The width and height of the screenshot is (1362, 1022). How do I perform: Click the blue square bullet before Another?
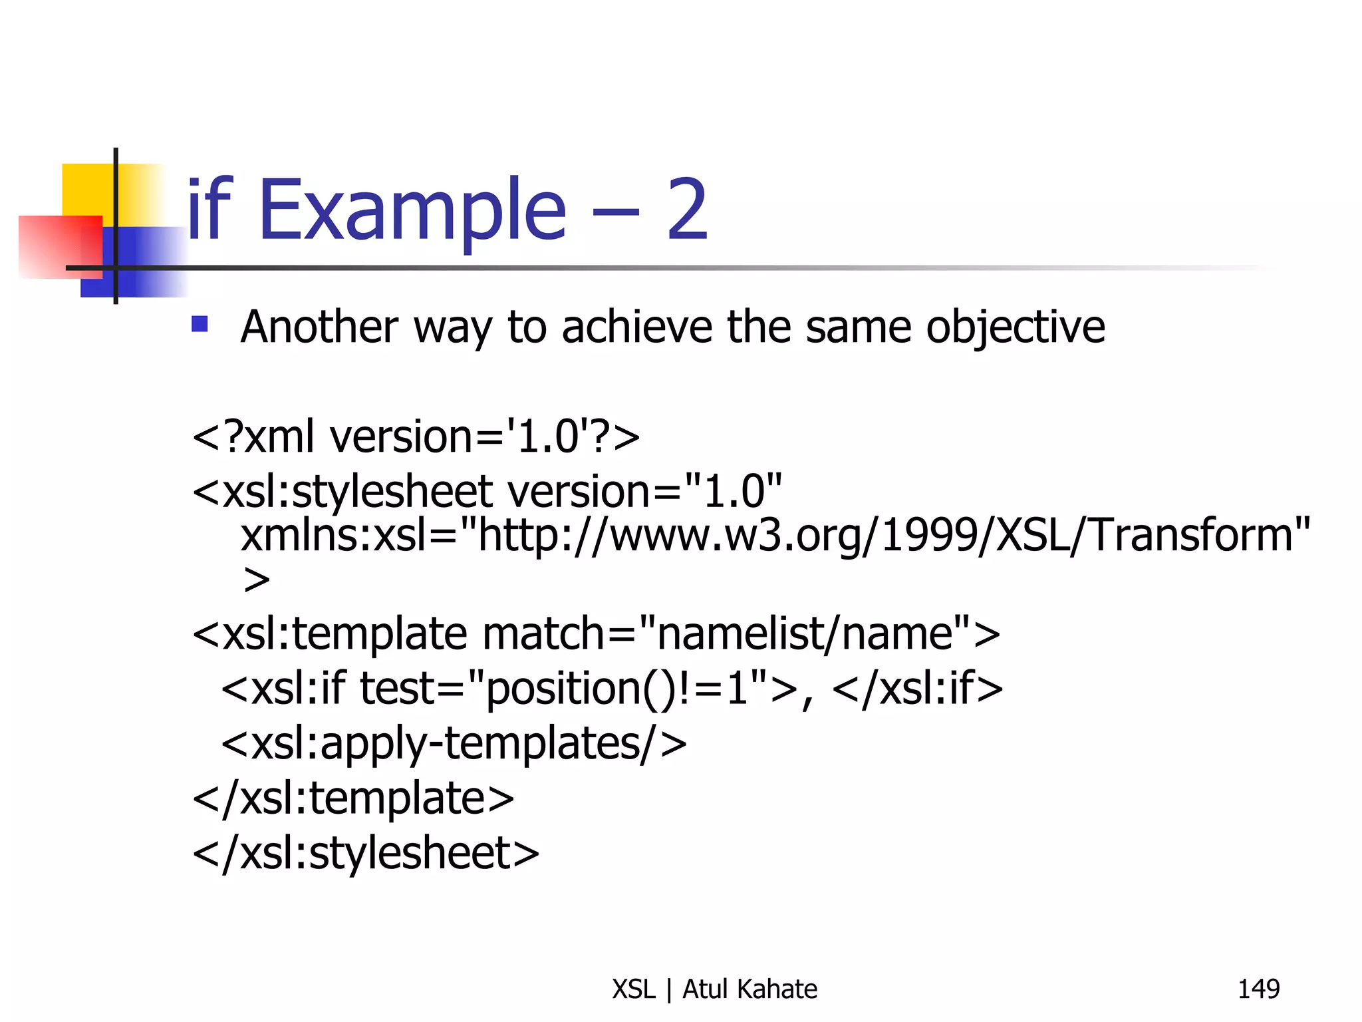[200, 324]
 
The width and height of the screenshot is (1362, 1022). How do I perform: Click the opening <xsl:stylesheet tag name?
[342, 492]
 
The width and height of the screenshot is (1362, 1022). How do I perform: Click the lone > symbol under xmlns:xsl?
[257, 580]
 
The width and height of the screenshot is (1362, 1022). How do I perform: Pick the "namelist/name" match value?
[804, 633]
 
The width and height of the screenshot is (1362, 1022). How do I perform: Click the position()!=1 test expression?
[618, 689]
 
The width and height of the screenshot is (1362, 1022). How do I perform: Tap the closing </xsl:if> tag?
[917, 689]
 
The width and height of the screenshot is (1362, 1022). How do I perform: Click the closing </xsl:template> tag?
[353, 798]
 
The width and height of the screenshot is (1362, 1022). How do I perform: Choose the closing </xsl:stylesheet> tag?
[366, 854]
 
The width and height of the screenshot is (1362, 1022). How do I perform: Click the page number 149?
[1258, 989]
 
